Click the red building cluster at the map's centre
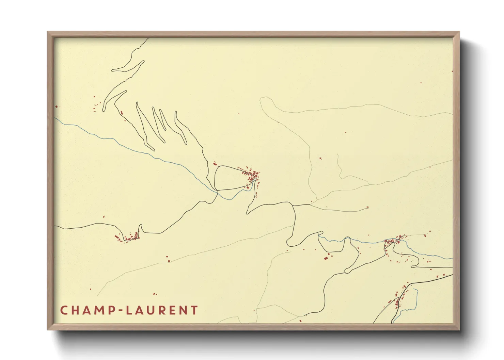252,176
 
